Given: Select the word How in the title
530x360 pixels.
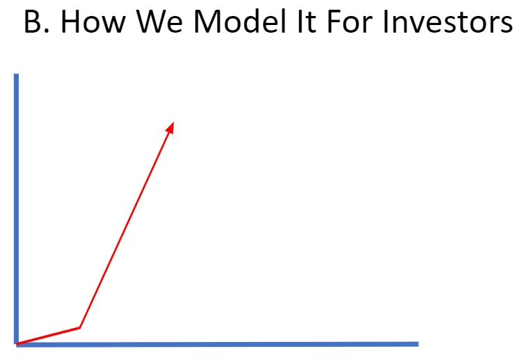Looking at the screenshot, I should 93,23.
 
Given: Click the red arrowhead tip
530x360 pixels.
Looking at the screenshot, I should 172,123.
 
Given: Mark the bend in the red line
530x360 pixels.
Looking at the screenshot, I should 80,327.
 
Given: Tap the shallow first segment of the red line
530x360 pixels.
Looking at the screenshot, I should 49,336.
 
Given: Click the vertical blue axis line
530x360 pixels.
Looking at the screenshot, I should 16,208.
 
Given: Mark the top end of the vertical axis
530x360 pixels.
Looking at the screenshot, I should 16,75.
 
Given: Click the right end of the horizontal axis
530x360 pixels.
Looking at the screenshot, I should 417,343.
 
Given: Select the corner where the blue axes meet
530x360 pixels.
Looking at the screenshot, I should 17,344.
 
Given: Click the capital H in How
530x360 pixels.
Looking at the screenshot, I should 72,23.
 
